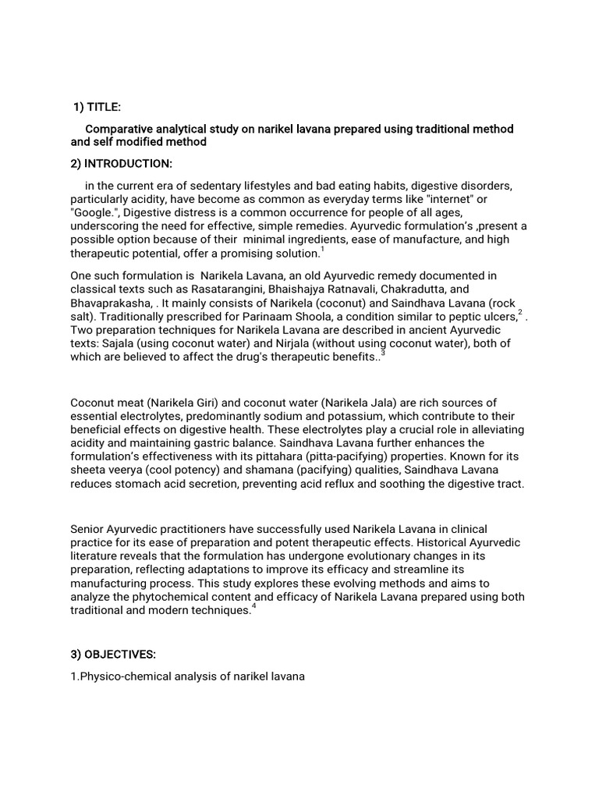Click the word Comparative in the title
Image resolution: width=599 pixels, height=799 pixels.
pyautogui.click(x=119, y=129)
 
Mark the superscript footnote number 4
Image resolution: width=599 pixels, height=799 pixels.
pyautogui.click(x=254, y=606)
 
